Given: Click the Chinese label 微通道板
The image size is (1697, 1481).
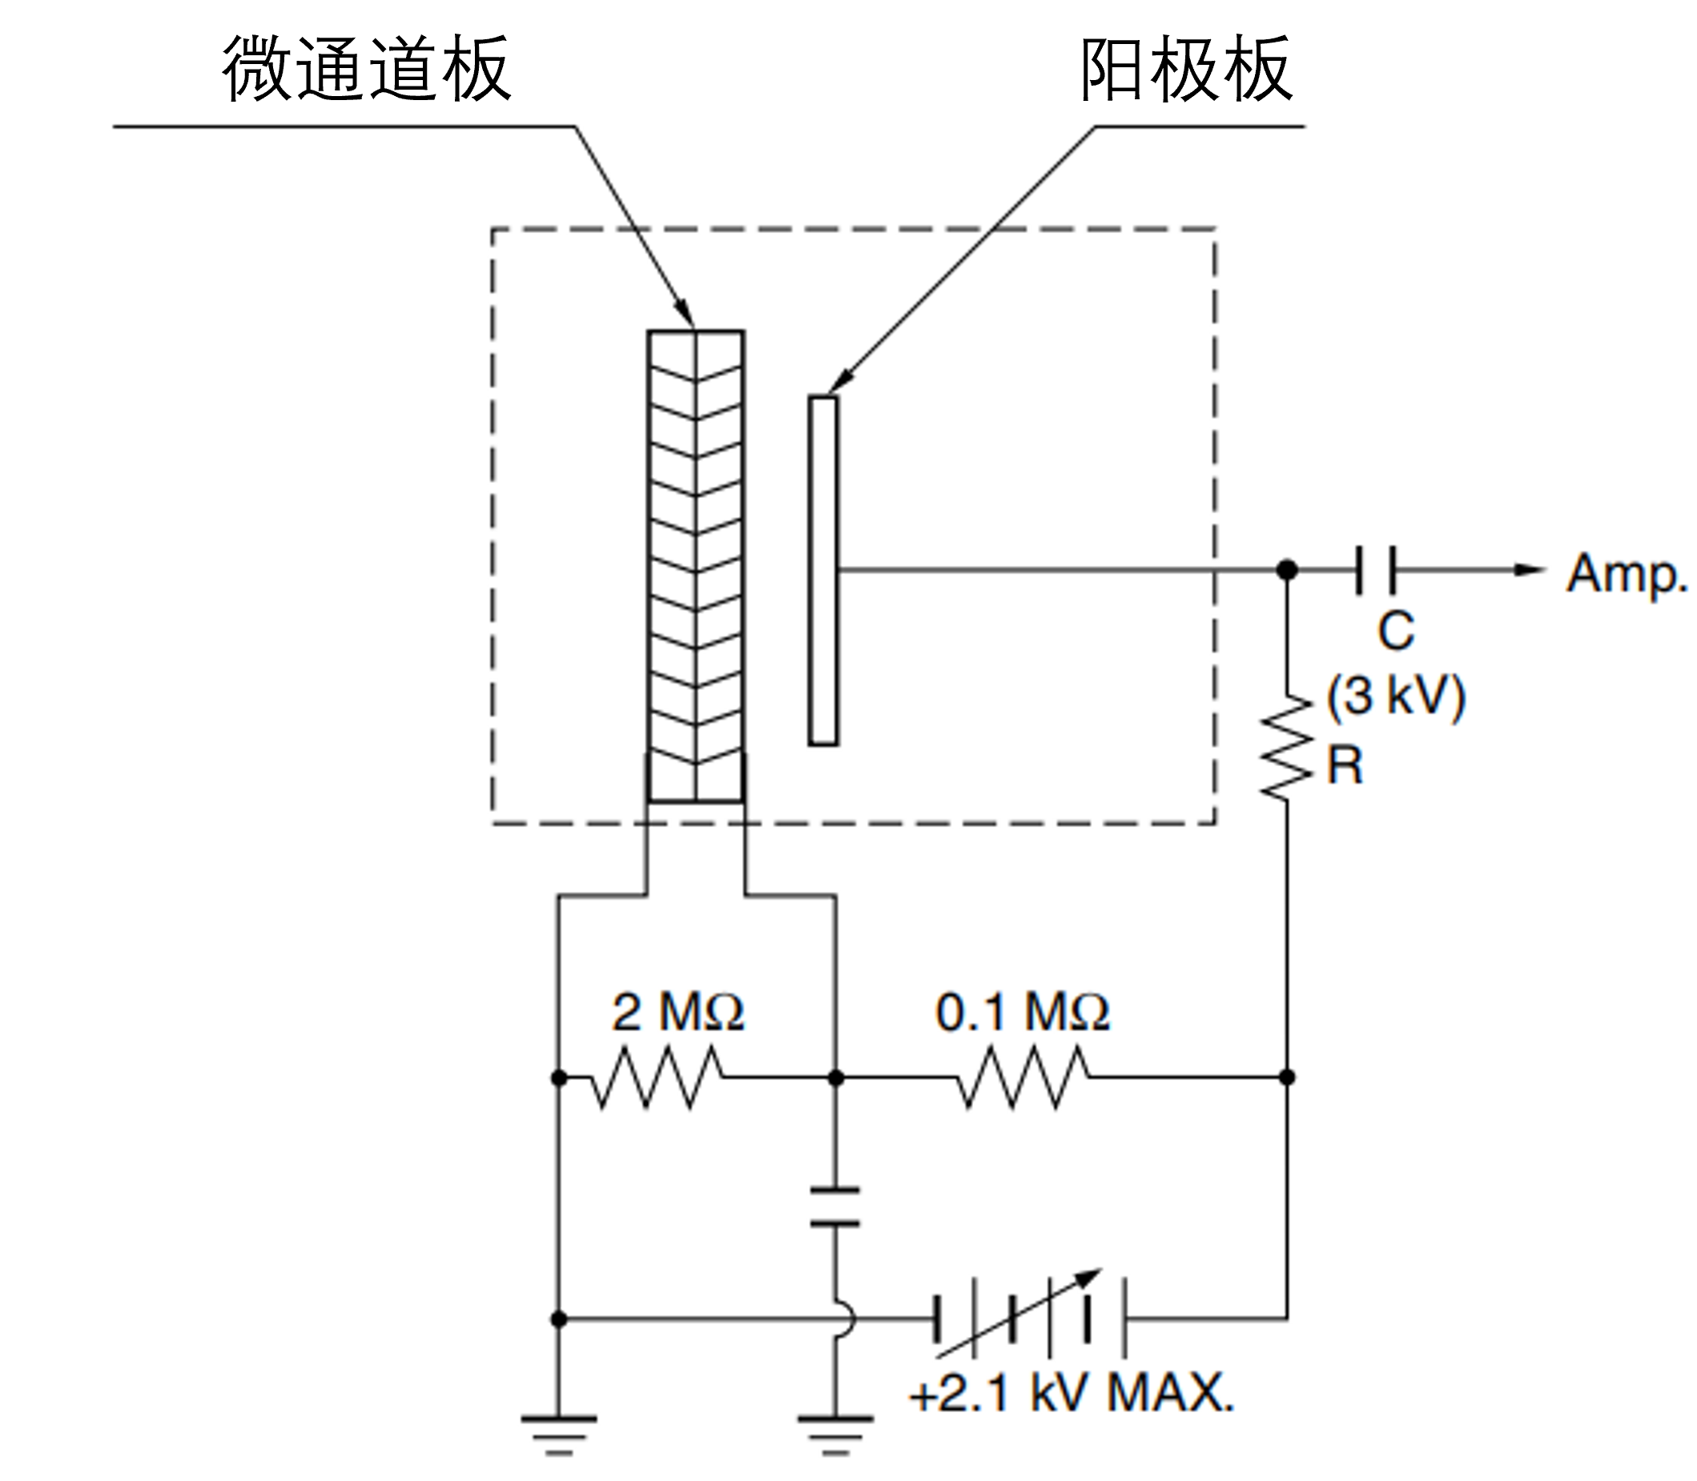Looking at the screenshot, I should [x=366, y=70].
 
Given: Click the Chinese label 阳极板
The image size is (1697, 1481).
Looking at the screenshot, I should [x=1186, y=70].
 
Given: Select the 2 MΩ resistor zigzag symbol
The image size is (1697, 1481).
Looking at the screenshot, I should [x=657, y=1078].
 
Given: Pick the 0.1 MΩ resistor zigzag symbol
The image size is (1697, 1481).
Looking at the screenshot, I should [x=1023, y=1078].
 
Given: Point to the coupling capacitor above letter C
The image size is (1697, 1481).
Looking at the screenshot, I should [x=1375, y=569].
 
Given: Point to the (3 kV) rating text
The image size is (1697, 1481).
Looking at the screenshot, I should [x=1396, y=696].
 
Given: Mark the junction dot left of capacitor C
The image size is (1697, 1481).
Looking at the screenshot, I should [x=1287, y=569].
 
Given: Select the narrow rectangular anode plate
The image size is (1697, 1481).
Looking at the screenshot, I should [x=823, y=570].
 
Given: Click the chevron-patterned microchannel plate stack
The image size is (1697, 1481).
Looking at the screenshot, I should [x=696, y=566].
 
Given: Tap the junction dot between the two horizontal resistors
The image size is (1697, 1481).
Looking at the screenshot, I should [x=836, y=1078].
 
